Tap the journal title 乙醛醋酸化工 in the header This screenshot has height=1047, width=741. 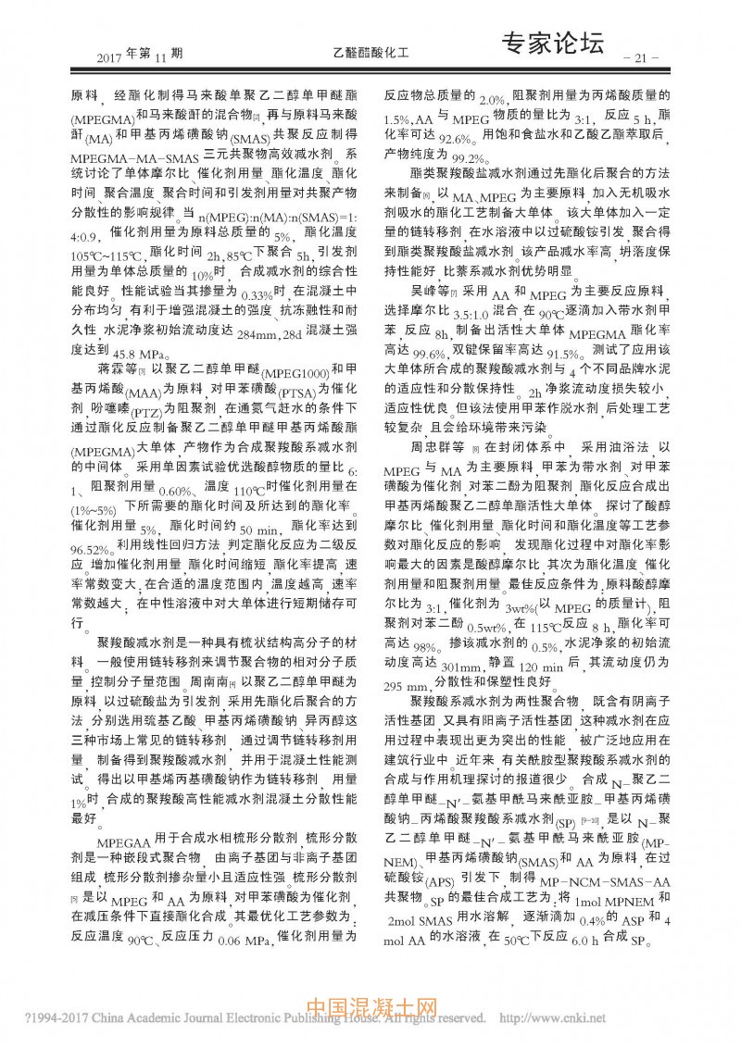(370, 56)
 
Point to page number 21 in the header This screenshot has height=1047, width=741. (641, 58)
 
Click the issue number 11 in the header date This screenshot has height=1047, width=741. (155, 58)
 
